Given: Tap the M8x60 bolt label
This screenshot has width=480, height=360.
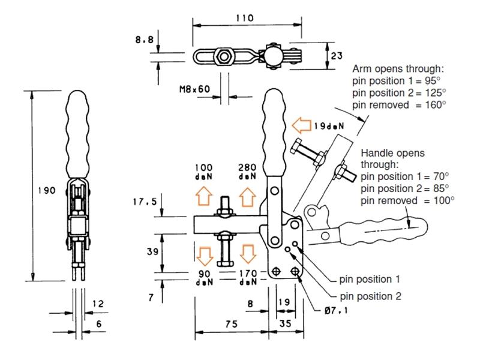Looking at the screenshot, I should tap(195, 89).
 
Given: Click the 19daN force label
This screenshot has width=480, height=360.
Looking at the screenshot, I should tap(328, 126).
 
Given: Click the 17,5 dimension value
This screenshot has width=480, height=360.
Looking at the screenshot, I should tap(145, 202).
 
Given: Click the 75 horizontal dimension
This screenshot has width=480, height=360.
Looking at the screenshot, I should tap(231, 323).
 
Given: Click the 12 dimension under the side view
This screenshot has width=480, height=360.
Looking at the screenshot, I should tap(98, 304).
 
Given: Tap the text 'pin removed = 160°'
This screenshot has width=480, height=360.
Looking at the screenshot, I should tap(400, 104).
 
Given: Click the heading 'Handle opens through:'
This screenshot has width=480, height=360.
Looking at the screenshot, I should tap(392, 158).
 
